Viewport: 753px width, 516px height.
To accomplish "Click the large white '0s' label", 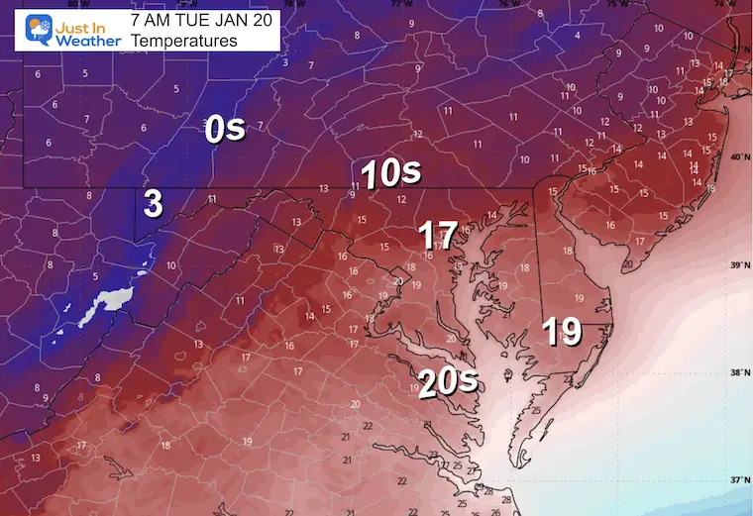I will (225, 130).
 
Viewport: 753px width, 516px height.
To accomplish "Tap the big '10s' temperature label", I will (390, 174).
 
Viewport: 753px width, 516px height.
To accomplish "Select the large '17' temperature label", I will (437, 236).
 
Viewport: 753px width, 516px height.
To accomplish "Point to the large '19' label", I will (562, 331).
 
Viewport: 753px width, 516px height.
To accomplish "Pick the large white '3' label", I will (153, 203).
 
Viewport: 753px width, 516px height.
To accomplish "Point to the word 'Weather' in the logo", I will (87, 42).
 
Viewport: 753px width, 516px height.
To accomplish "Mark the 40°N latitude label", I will (738, 158).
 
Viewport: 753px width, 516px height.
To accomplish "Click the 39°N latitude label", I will (738, 265).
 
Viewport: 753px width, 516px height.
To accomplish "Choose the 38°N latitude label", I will (738, 373).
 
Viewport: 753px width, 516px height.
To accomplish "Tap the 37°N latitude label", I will (738, 480).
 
